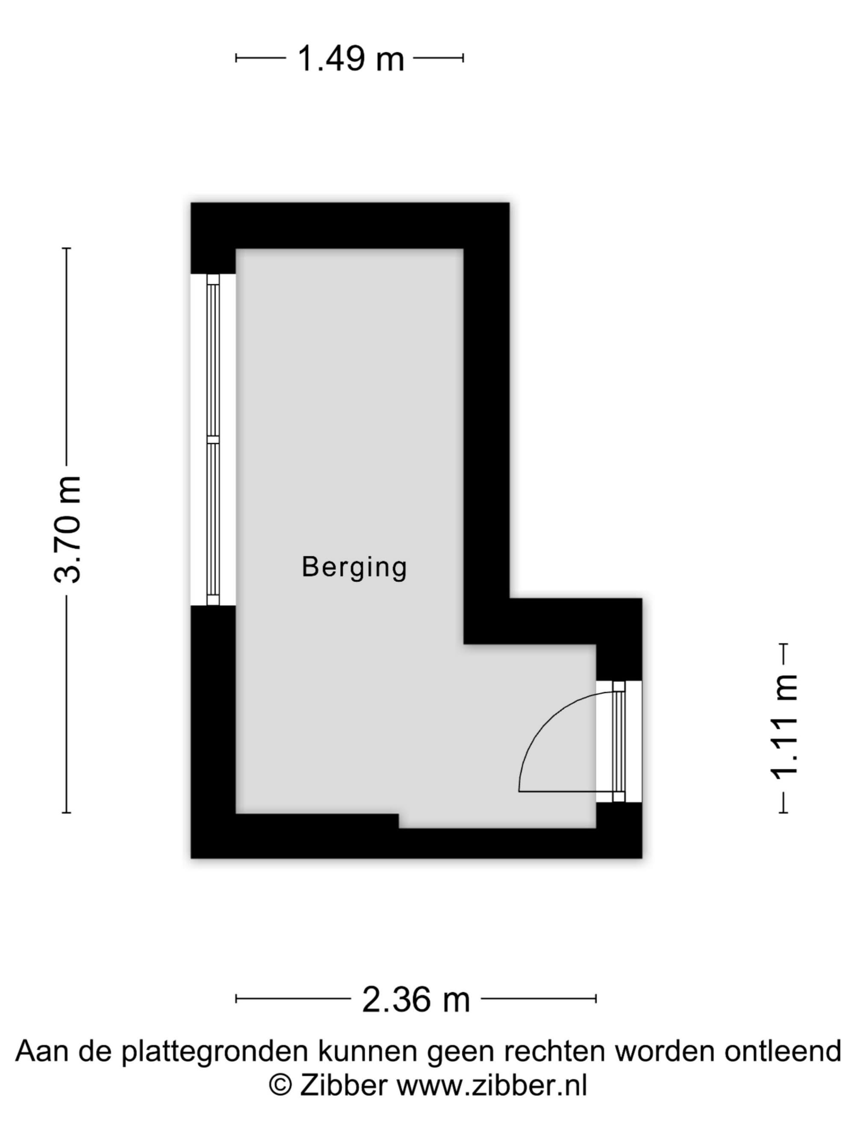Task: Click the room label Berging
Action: [x=354, y=568]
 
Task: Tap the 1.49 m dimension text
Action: [x=351, y=58]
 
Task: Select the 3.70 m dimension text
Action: [x=68, y=529]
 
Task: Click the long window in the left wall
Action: [x=213, y=440]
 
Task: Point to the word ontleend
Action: [x=783, y=1051]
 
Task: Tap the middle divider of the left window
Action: [x=213, y=440]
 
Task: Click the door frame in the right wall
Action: [x=619, y=741]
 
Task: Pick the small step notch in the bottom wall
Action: [x=398, y=821]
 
